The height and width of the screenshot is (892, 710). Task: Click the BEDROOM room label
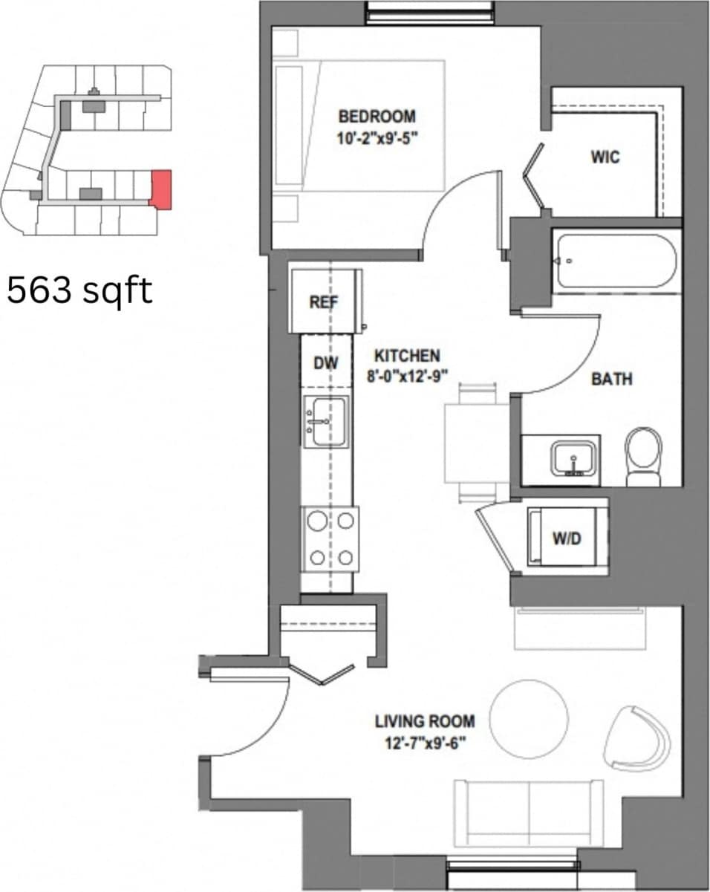(377, 116)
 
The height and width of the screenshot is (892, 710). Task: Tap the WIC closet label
(605, 157)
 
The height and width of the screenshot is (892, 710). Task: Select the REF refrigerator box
(325, 302)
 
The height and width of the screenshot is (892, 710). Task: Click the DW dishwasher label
(325, 362)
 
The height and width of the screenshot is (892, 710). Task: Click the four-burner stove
(330, 539)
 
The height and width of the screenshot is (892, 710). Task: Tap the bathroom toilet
(643, 455)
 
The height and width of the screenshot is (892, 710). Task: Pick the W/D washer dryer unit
(566, 538)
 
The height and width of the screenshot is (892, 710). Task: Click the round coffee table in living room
(529, 719)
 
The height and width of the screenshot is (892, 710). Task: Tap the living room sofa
(528, 813)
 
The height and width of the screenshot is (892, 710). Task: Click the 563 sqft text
(79, 290)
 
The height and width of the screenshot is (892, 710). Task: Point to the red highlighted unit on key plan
(161, 189)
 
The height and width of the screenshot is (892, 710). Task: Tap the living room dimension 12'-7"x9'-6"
(424, 743)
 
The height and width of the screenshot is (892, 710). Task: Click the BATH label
(611, 379)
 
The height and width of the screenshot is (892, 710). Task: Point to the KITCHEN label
(406, 356)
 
